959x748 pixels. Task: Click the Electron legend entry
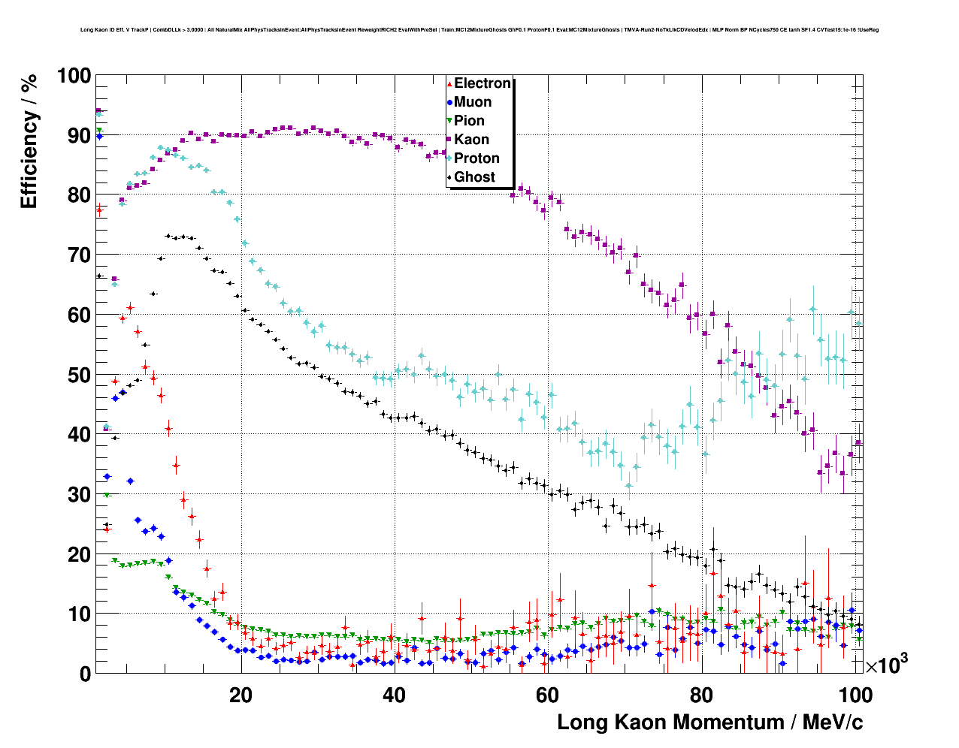pos(483,83)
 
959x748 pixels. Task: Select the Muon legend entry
pos(473,102)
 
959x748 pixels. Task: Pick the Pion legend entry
pos(469,121)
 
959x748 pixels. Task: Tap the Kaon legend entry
pos(471,140)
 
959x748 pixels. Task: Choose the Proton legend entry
pos(476,158)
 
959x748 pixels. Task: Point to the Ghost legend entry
pos(474,177)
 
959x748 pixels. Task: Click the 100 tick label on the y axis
pos(74,76)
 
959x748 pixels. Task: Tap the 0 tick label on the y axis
pos(85,674)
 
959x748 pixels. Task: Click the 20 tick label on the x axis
pos(241,695)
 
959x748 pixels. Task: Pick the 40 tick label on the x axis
pos(394,695)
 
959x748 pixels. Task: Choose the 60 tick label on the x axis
pos(547,695)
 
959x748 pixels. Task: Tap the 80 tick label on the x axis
pos(700,695)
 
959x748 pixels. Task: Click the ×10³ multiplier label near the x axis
pos(886,665)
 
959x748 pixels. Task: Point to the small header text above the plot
pos(479,30)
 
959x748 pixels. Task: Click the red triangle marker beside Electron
pos(449,83)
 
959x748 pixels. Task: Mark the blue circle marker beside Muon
pos(449,102)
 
